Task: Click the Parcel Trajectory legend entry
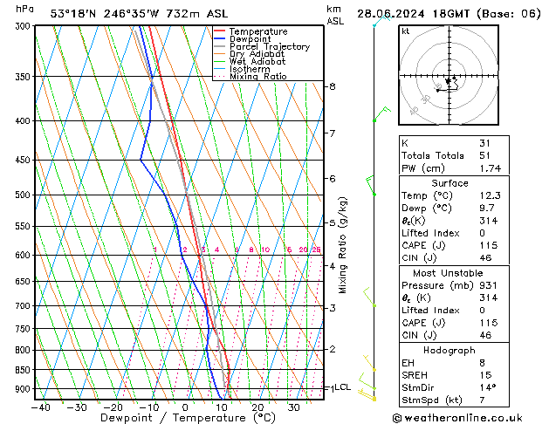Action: [x=269, y=46]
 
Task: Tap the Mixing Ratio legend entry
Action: [x=257, y=77]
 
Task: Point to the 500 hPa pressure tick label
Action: [x=21, y=195]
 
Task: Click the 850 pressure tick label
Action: [x=21, y=370]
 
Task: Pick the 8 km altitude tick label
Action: [x=332, y=86]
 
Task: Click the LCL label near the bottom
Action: [x=342, y=387]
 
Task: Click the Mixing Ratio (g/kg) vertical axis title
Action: [x=343, y=245]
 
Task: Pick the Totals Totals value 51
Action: [x=484, y=155]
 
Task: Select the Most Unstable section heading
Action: [x=449, y=273]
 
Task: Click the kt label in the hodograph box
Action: [x=405, y=31]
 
